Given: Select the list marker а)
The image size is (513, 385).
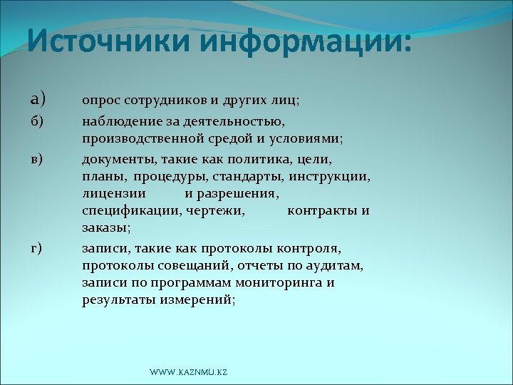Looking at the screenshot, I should [38, 101].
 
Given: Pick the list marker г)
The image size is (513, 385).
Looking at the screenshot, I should [36, 247].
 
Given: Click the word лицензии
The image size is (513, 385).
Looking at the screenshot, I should [114, 192].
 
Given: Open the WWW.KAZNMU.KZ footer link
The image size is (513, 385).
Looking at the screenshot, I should [188, 373].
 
